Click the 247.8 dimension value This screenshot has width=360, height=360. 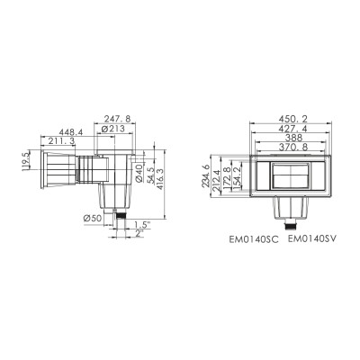click(x=117, y=119)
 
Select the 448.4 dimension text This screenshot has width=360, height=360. click(x=71, y=132)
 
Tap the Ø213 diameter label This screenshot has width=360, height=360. click(x=112, y=129)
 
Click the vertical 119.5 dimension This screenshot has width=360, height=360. click(x=26, y=161)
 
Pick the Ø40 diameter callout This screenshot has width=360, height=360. click(x=139, y=173)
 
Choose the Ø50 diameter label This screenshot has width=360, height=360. click(x=93, y=219)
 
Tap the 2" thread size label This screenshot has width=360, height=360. click(x=139, y=233)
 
